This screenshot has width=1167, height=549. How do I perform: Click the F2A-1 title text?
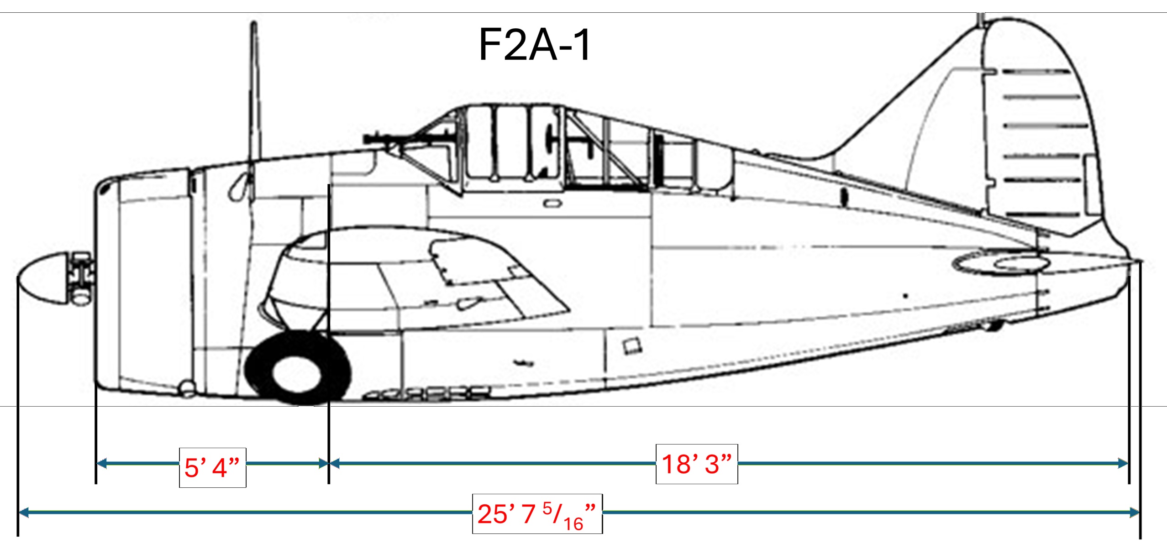534,45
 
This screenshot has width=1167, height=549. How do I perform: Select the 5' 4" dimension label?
212,468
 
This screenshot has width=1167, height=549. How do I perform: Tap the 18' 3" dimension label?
697,464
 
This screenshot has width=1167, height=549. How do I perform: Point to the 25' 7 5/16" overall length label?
537,514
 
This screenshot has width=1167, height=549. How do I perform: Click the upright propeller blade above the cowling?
254,91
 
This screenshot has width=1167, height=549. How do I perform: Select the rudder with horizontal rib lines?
1046,137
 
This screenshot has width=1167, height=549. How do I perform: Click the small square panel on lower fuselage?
632,345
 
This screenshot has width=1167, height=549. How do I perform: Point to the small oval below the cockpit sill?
552,204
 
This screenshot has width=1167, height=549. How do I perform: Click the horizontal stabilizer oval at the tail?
1000,263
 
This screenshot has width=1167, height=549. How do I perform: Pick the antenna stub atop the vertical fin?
980,18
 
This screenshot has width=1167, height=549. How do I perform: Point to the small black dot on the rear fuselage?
905,296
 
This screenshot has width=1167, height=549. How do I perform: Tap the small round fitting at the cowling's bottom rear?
187,388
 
